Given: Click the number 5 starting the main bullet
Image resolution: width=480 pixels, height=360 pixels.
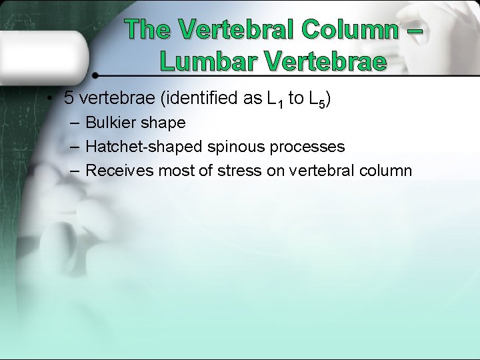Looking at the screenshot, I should (x=69, y=99).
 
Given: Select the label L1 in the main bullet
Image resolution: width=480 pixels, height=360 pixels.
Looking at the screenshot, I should (x=275, y=100).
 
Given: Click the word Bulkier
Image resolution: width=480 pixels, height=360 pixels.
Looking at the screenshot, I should (x=111, y=123).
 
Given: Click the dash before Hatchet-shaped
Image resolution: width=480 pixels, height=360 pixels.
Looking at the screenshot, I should (x=74, y=147).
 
